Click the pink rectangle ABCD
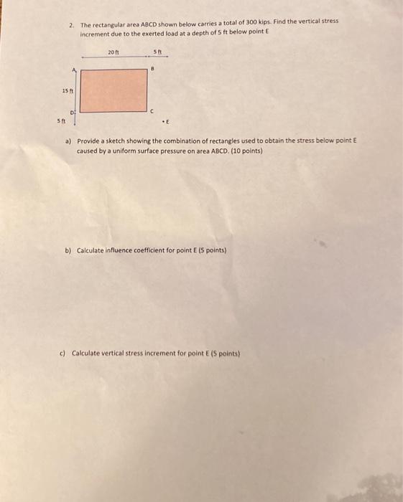click(x=114, y=90)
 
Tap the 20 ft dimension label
click(x=113, y=52)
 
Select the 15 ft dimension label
click(x=67, y=90)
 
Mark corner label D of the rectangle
click(x=72, y=112)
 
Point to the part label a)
click(x=68, y=142)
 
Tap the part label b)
click(x=68, y=250)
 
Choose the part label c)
click(x=63, y=354)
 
